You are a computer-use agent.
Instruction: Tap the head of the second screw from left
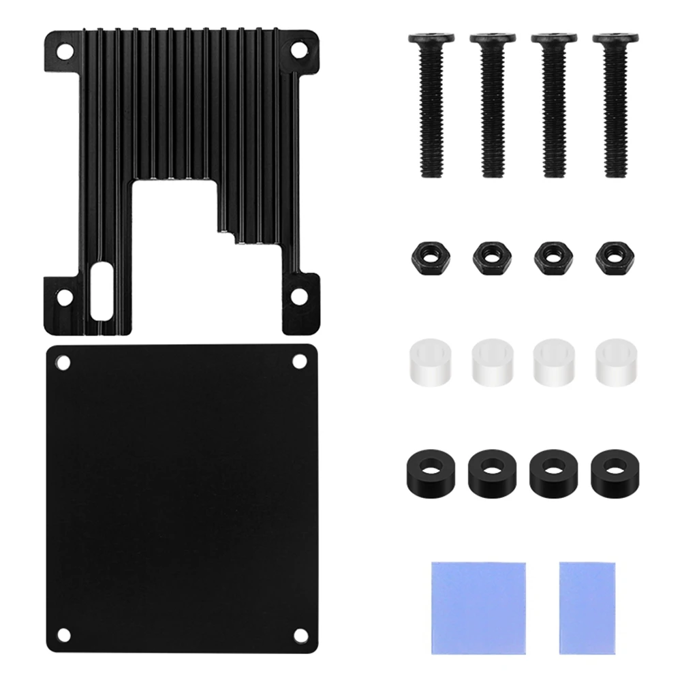click(487, 40)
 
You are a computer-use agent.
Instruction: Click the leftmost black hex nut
click(426, 258)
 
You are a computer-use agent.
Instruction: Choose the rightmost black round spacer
click(610, 469)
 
